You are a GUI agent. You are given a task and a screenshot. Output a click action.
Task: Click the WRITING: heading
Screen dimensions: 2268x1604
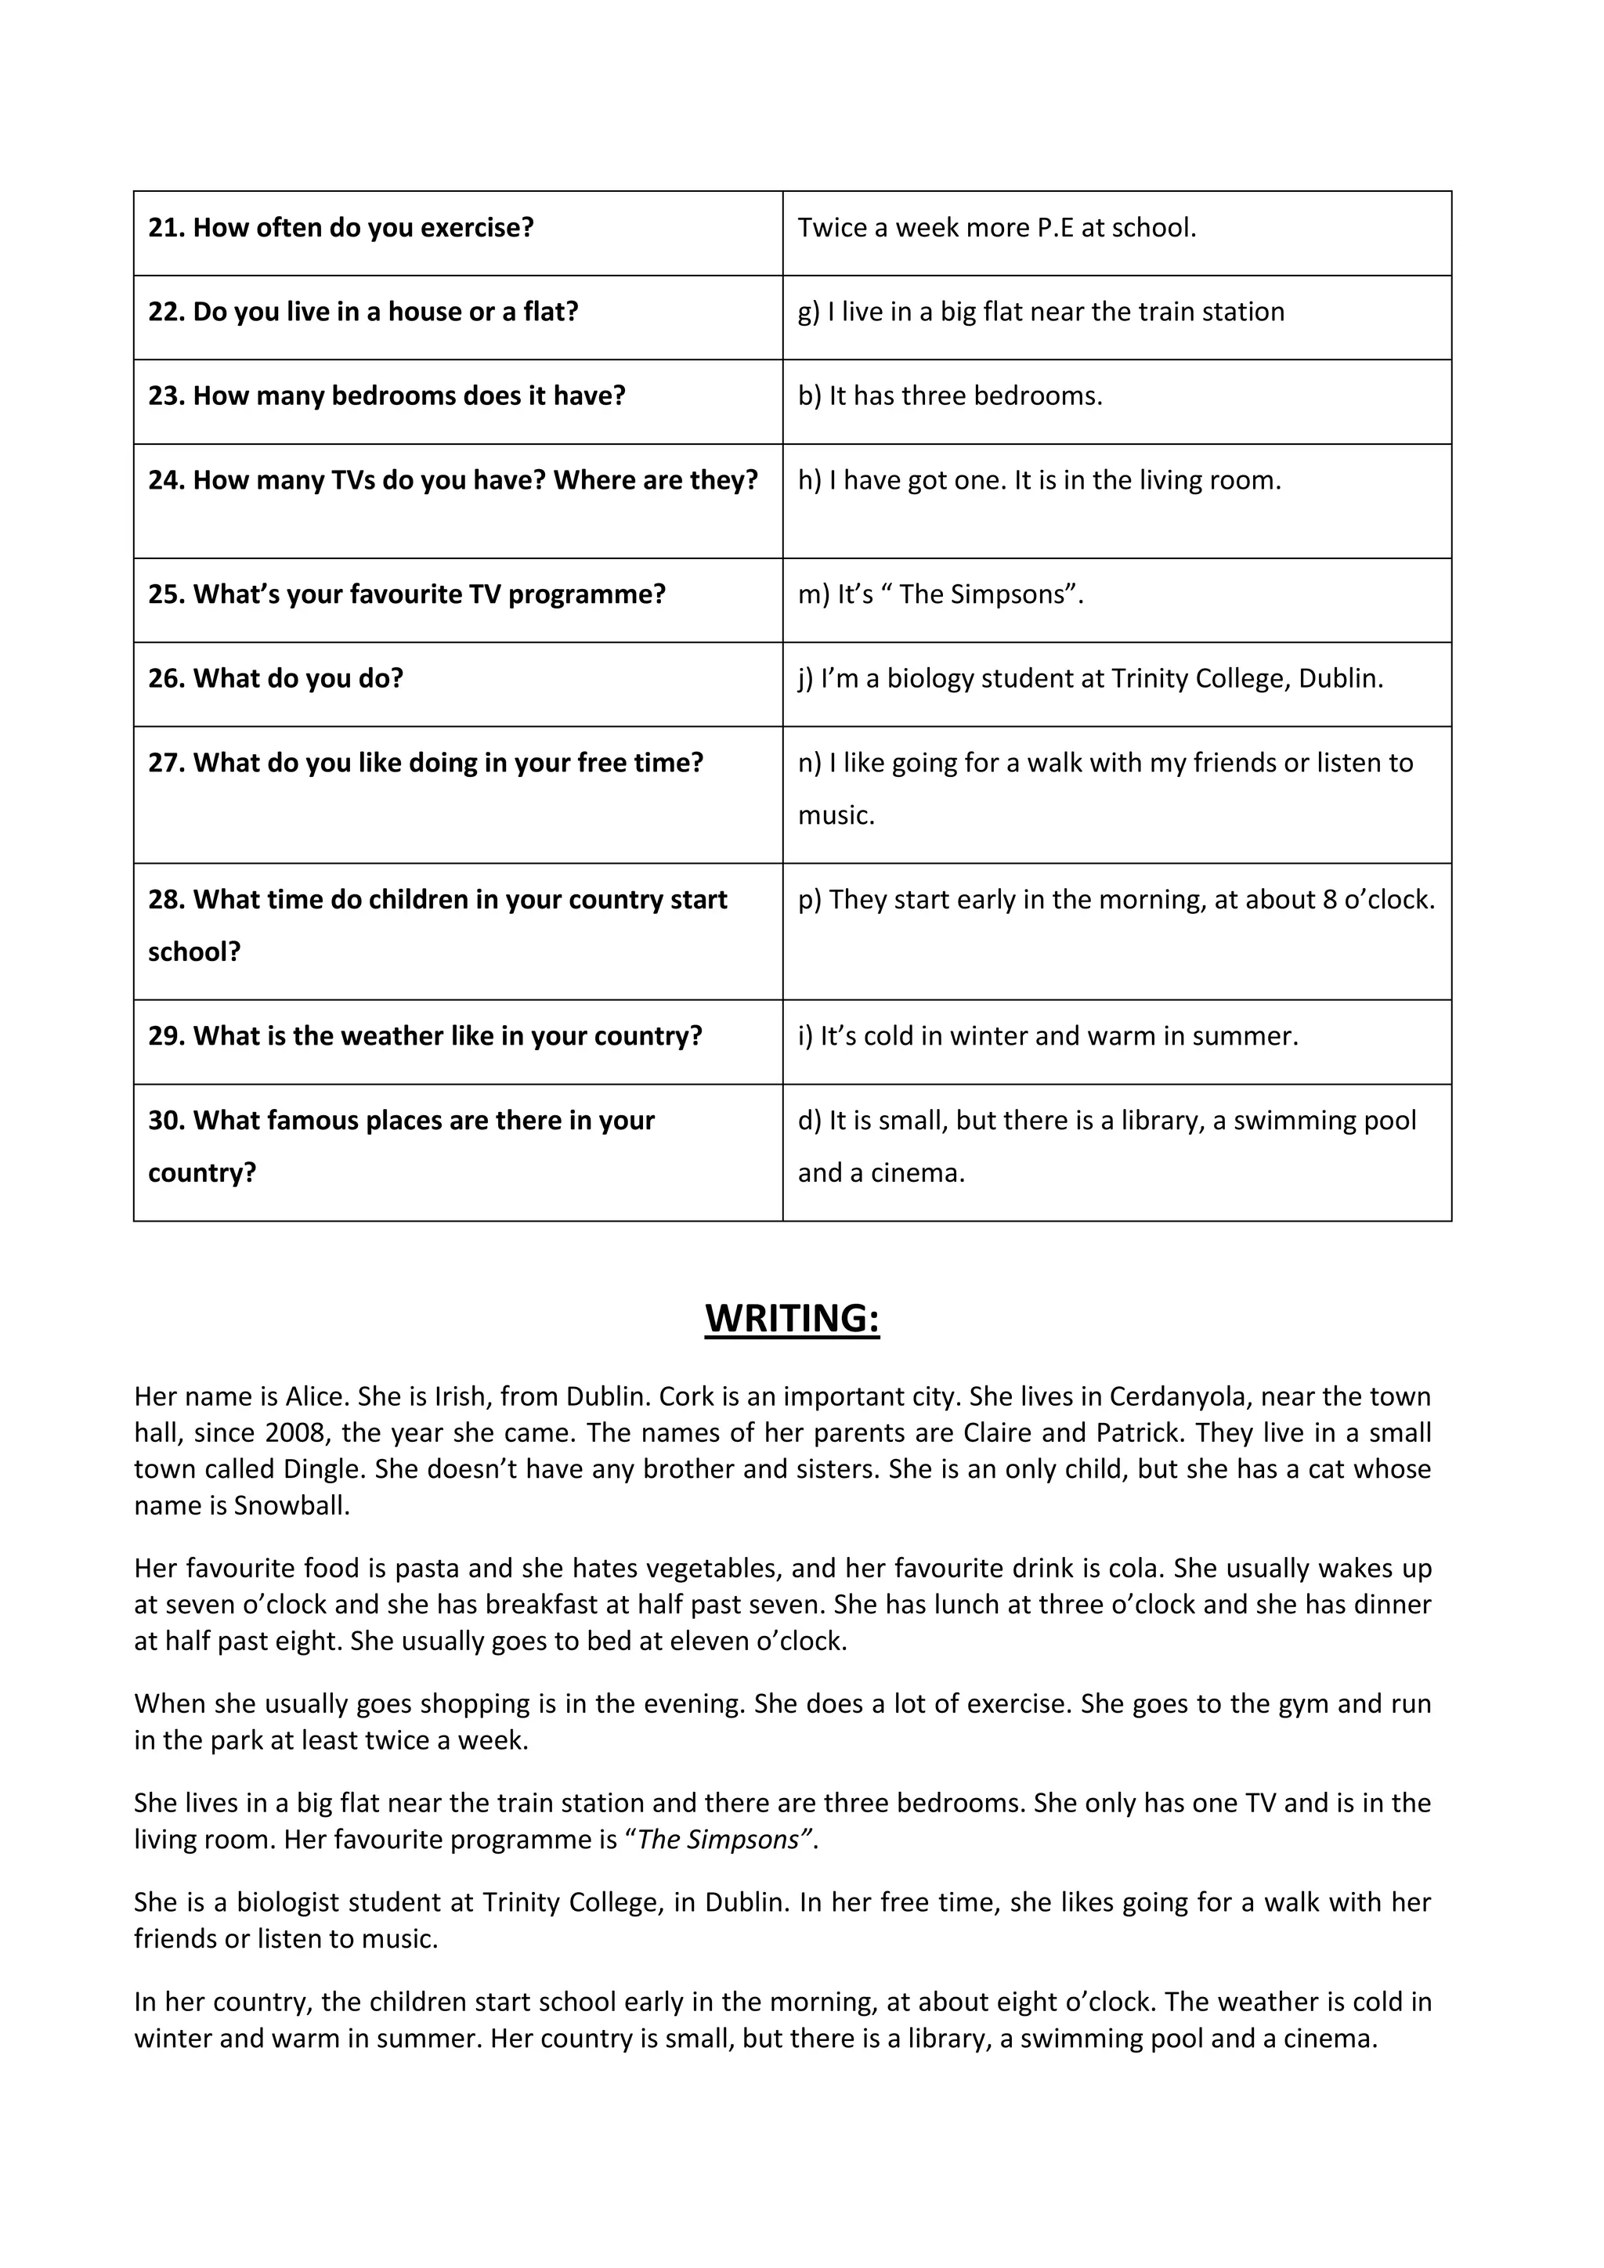point(792,1319)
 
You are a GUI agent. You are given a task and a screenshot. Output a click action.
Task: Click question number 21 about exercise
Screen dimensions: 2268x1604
point(341,228)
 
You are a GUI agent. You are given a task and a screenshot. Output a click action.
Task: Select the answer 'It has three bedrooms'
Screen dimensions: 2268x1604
point(950,396)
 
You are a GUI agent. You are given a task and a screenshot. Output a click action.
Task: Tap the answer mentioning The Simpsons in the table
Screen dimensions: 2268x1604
point(941,594)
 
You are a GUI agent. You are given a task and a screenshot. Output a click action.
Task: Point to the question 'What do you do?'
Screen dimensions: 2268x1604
point(276,679)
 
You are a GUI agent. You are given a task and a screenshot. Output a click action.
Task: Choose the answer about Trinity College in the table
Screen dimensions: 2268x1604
point(1090,679)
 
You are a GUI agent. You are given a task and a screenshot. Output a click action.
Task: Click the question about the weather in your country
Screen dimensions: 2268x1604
point(424,1036)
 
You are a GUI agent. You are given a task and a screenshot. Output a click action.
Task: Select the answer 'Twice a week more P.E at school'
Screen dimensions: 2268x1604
point(996,228)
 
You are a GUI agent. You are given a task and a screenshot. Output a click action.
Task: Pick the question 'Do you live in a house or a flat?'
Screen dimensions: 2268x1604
point(363,312)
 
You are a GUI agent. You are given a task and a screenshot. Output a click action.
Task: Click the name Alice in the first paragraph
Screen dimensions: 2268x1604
point(316,1397)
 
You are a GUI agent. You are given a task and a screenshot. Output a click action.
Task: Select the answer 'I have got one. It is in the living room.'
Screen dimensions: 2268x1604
point(1039,481)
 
